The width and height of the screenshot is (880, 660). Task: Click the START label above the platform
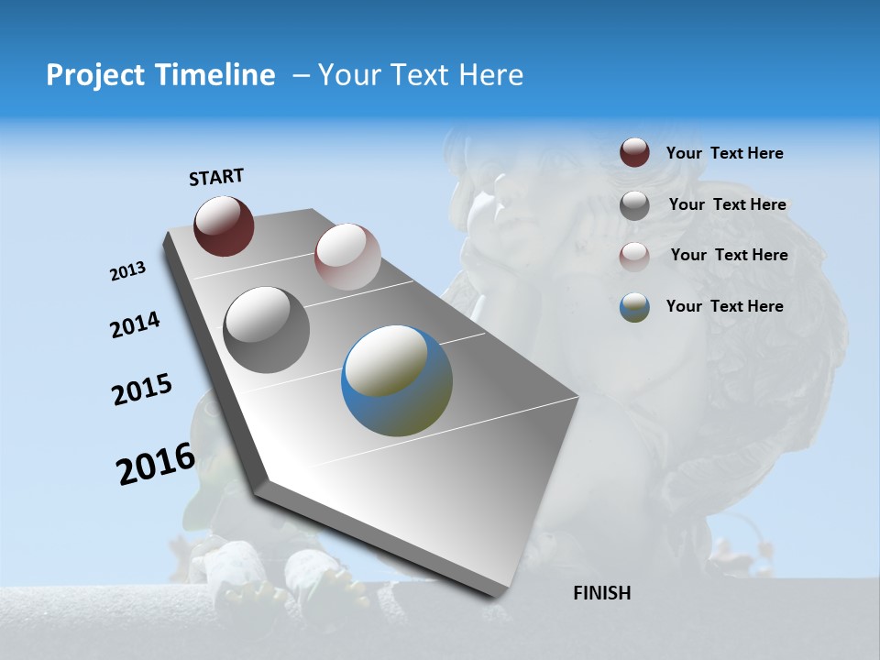pos(216,177)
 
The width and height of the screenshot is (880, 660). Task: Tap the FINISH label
pos(602,593)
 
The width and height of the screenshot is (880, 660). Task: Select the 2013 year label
pos(127,271)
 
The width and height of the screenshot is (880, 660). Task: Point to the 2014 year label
pos(135,325)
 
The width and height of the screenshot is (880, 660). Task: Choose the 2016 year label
pos(156,464)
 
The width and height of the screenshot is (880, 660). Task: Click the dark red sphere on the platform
pos(224,225)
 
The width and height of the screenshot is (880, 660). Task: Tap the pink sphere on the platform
pos(347,256)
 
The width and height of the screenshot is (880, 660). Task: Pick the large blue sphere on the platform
pos(397,380)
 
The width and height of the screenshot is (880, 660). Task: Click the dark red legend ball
pos(634,152)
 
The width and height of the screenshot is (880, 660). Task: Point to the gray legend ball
pos(634,205)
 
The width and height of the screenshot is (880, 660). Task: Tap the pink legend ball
pos(634,257)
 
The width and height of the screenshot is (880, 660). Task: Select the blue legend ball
pos(634,307)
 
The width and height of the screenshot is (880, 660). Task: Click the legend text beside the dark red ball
pos(724,154)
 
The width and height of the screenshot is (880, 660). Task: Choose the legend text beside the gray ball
pos(727,204)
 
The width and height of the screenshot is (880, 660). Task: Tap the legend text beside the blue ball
pos(724,306)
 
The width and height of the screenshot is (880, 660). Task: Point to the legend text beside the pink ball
pos(729,255)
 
